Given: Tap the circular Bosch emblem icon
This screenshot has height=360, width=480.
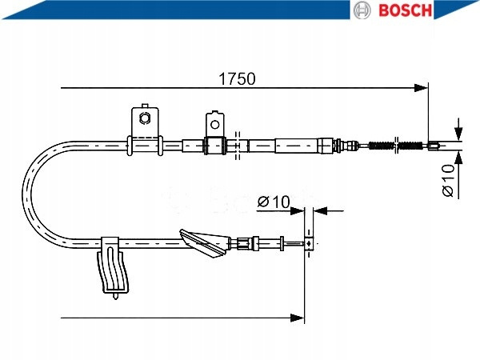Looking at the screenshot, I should coord(362,10).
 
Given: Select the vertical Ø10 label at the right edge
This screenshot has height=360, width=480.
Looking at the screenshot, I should coord(448,180).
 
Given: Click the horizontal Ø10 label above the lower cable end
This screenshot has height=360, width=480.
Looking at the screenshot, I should coord(274,202).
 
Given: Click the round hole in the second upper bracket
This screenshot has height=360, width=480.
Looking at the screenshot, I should coord(214,123).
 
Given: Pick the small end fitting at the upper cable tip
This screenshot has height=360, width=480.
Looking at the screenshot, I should coord(433,145).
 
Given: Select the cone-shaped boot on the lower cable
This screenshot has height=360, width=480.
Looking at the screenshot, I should coord(204,243).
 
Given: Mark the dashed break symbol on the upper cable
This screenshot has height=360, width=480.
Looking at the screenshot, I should coord(238,144).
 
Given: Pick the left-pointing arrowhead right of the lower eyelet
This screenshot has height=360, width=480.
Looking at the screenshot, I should coord(318,211).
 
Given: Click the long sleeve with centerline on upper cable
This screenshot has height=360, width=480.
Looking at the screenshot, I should coord(302,145).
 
